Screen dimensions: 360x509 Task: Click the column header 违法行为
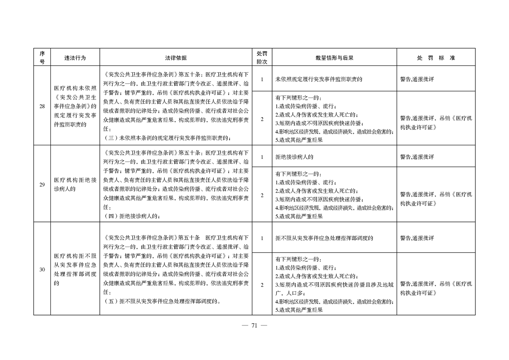coord(75,58)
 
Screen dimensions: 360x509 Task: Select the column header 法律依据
coord(176,58)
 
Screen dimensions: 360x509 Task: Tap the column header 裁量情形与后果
coord(334,58)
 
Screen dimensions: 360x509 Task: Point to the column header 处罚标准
coord(436,58)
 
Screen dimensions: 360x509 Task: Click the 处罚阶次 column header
coord(262,58)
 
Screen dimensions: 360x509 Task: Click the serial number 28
coord(42,106)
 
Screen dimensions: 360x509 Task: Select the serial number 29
coord(42,184)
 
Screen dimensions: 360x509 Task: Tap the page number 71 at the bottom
coord(254,325)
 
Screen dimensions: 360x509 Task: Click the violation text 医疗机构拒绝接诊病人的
coord(75,184)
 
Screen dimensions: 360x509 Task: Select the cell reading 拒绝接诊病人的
coord(294,157)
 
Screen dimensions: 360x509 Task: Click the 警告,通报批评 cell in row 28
coord(417,79)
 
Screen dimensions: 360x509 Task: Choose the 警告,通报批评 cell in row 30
coord(417,238)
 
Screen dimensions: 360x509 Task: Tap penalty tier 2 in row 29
coord(262,195)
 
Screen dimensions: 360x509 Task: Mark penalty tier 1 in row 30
coord(262,238)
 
